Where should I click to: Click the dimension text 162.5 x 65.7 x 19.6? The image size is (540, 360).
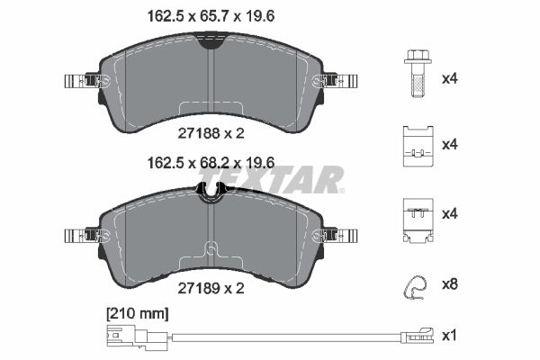[211, 16]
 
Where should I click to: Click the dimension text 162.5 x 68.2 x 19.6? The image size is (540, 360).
[211, 163]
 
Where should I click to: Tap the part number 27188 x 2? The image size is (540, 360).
[211, 133]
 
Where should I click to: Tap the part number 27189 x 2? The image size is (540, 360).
[211, 288]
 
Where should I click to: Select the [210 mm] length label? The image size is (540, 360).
[138, 314]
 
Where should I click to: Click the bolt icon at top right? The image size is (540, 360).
[418, 74]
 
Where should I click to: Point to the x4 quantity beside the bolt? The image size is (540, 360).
[450, 79]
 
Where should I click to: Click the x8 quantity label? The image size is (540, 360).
[450, 284]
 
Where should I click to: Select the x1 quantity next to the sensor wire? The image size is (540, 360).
[449, 335]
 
